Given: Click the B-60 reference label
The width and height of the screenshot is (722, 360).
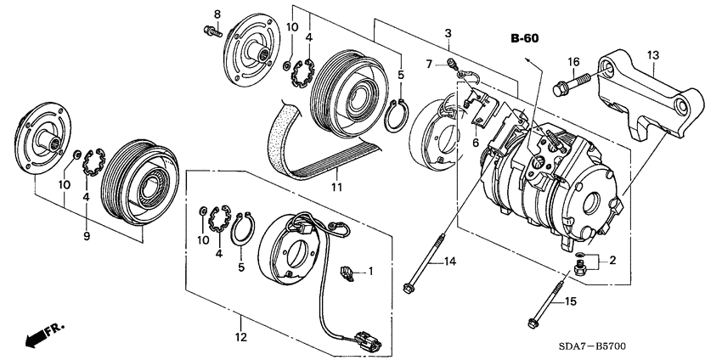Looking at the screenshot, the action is [x=524, y=39].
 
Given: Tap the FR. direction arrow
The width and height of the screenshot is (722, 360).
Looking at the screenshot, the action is [x=42, y=335].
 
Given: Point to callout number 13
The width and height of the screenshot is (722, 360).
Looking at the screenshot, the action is [x=653, y=56].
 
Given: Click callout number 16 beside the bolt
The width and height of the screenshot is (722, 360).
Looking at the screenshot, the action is [x=573, y=62].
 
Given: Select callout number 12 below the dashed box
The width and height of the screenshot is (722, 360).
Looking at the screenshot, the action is [x=241, y=337].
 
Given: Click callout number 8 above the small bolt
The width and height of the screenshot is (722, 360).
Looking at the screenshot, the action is [x=217, y=14].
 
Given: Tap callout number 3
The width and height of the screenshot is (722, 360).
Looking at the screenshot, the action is [x=448, y=33].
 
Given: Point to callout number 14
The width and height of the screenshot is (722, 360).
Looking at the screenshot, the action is [x=450, y=262].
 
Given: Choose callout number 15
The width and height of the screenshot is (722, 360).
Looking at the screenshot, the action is [x=571, y=302].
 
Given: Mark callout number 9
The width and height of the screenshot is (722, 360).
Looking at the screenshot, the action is [x=87, y=236].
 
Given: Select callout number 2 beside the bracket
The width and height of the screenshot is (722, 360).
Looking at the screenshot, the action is [x=612, y=261].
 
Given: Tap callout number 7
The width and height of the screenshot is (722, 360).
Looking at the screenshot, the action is [x=429, y=64].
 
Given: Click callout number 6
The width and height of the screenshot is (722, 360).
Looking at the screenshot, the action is [x=476, y=143].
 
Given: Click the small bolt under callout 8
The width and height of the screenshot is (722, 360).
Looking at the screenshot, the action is [x=212, y=31].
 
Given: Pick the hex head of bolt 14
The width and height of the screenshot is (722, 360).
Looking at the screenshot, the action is [x=407, y=288].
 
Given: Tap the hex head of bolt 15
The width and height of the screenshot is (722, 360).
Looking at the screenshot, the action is [x=532, y=323].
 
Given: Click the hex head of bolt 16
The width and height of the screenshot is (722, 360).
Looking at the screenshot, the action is [x=560, y=89].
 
